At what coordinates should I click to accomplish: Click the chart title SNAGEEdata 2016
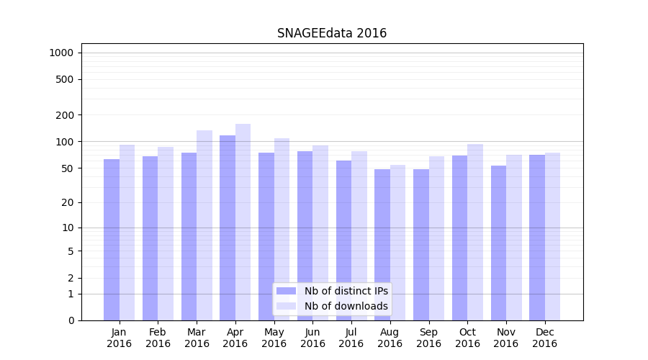pos(332,34)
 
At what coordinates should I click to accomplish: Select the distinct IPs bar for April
pos(228,228)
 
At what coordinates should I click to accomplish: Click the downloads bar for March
pos(204,225)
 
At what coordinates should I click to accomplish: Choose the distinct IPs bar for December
pos(537,238)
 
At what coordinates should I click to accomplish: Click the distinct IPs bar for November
pos(498,243)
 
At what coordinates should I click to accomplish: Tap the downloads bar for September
pos(436,238)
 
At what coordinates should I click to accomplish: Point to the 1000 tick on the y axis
pos(61,53)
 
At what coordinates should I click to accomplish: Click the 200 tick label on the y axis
pos(65,115)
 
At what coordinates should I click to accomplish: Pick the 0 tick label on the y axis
pos(71,320)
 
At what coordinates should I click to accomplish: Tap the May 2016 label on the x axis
pos(274,338)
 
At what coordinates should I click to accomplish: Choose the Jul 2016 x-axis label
pos(351,338)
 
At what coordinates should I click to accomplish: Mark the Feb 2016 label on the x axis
pos(158,338)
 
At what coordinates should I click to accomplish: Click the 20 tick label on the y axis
pos(68,202)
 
